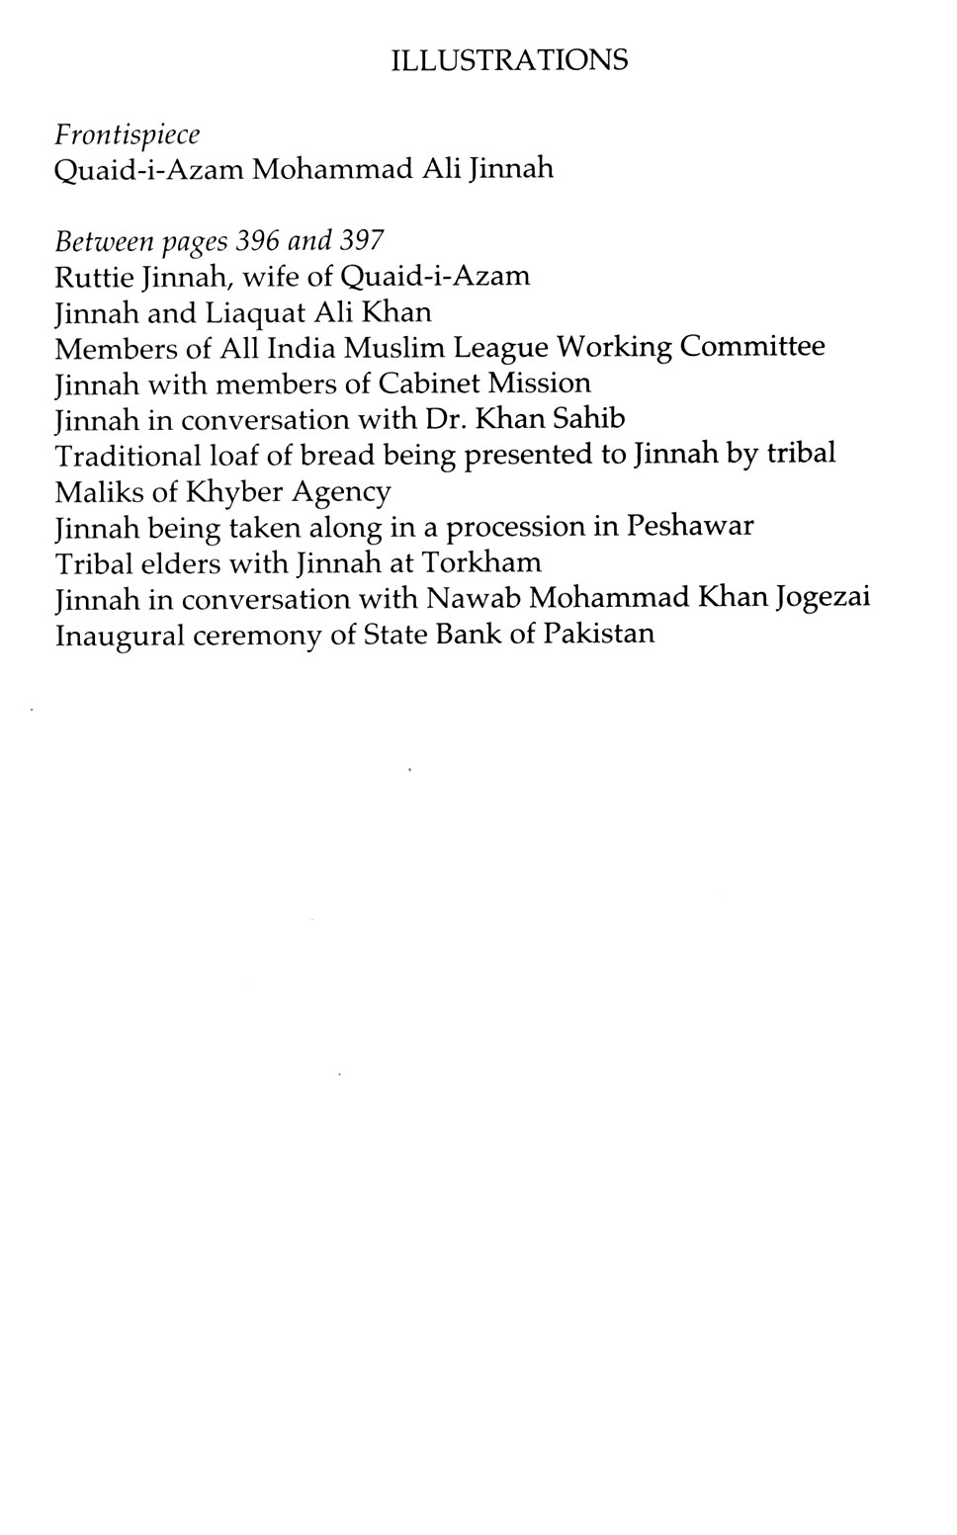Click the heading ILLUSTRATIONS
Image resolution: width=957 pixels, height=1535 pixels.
click(x=509, y=60)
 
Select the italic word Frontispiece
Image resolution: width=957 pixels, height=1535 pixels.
click(x=128, y=134)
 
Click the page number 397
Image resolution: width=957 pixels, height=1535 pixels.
click(x=362, y=241)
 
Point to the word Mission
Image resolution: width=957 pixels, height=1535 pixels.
click(x=544, y=384)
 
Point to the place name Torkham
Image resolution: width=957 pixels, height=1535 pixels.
click(x=481, y=562)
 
